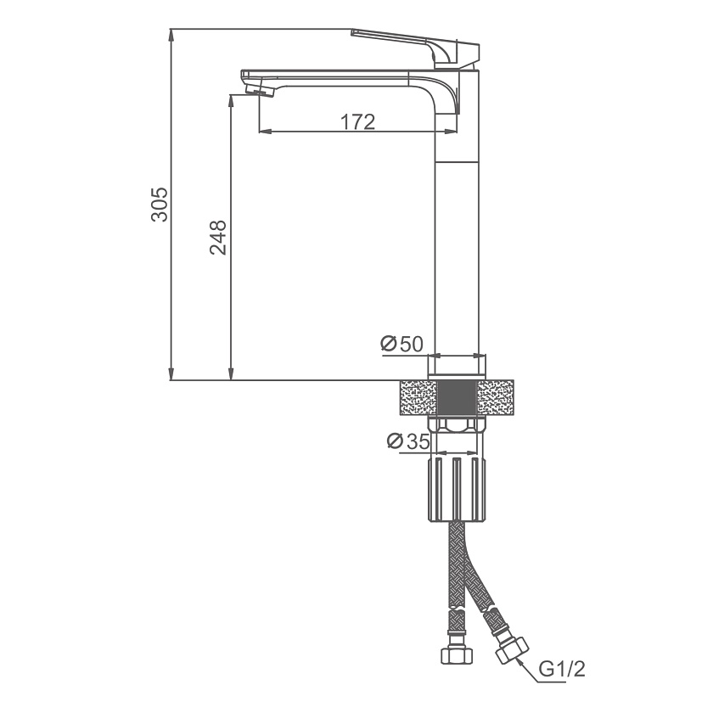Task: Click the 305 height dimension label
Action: coord(160,205)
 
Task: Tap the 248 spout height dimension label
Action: coord(218,238)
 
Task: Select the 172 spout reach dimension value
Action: coord(358,121)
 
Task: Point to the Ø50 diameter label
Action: coord(402,344)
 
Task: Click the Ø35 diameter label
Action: coord(408,441)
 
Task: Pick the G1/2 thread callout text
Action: coord(563,669)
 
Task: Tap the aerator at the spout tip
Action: coord(261,89)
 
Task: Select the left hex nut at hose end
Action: coord(457,654)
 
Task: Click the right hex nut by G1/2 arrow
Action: coord(512,651)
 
